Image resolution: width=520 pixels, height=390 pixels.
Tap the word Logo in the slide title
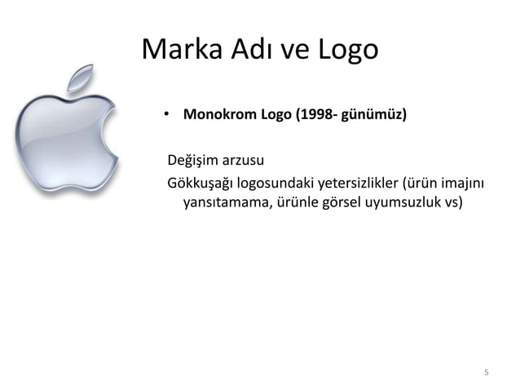point(347,50)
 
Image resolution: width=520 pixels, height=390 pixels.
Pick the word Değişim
point(195,157)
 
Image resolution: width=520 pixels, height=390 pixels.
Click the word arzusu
point(245,157)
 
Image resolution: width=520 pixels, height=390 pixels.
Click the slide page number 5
point(486,374)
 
